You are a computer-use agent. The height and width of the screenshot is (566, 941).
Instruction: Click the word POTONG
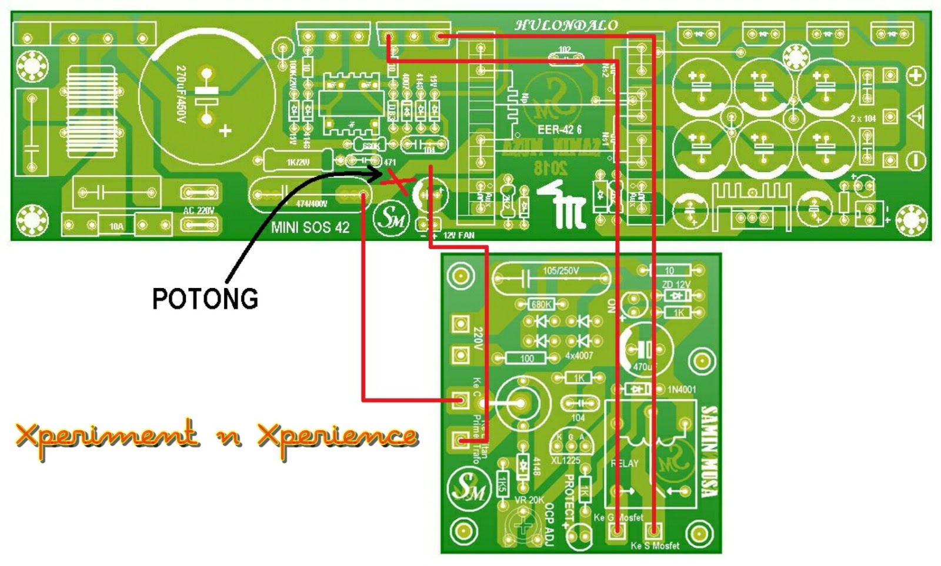(x=205, y=299)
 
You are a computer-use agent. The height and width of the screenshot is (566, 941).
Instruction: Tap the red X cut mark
(x=398, y=183)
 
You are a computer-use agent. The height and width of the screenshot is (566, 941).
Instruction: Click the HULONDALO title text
(x=566, y=25)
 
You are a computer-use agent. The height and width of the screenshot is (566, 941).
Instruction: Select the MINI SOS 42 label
(x=310, y=227)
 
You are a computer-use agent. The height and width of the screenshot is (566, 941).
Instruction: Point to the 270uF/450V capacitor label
(x=181, y=94)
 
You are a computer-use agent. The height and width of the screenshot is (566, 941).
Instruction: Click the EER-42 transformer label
(x=559, y=129)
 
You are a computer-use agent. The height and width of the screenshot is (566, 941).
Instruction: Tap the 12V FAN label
(x=459, y=235)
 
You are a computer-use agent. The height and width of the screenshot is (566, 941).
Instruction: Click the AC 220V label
(x=199, y=210)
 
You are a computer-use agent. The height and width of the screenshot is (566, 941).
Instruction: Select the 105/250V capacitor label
(x=560, y=271)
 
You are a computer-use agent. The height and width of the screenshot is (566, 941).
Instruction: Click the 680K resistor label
(x=541, y=304)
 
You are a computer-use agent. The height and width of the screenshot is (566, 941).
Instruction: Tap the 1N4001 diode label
(x=682, y=389)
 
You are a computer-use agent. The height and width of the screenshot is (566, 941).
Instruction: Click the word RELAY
(x=624, y=463)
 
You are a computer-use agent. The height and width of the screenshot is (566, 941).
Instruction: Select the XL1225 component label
(x=565, y=460)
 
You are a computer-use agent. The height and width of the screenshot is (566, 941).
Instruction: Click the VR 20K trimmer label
(x=529, y=500)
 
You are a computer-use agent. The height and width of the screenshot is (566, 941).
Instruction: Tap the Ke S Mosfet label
(x=655, y=546)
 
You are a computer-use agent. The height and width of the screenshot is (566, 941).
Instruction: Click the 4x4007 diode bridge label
(x=579, y=356)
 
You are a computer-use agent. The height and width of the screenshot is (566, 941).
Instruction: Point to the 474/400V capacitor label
(x=312, y=204)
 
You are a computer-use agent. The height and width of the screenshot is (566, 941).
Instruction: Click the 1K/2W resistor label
(x=298, y=162)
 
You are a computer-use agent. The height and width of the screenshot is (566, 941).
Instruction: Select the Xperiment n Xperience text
(x=216, y=436)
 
